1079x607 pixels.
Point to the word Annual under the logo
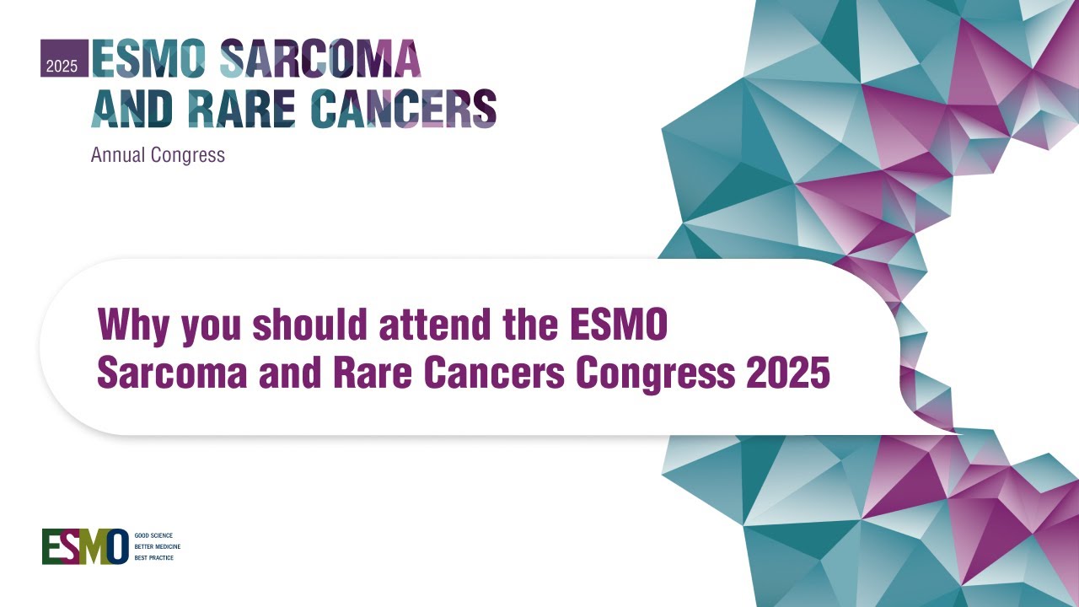point(118,155)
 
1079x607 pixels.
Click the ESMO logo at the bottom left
point(85,546)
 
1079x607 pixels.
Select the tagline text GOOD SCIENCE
point(153,535)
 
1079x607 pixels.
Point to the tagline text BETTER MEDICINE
point(158,546)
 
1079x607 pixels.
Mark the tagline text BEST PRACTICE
point(154,557)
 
